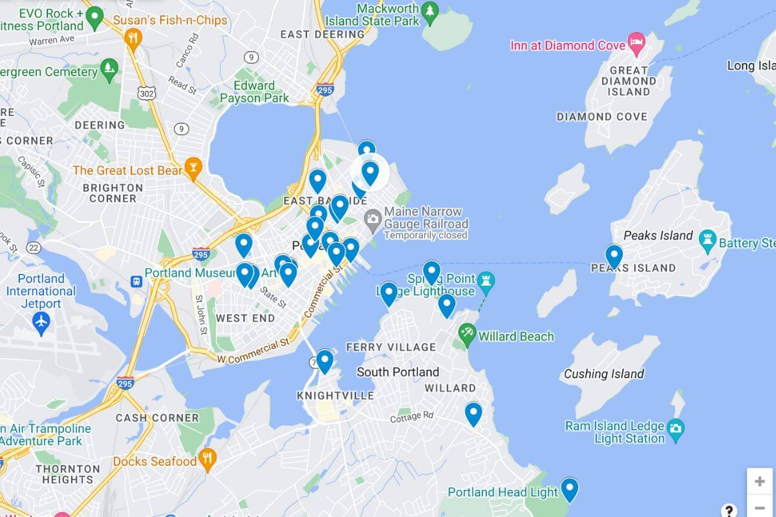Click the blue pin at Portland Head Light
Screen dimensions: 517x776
569,489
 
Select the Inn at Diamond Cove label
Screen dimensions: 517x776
568,45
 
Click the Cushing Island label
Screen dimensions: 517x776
603,374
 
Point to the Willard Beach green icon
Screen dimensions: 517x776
466,335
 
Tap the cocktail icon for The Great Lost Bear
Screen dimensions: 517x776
193,169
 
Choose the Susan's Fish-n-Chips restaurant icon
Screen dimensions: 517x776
133,37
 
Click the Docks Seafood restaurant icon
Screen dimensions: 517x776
207,460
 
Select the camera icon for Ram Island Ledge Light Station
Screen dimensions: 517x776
675,428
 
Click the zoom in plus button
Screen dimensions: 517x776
759,481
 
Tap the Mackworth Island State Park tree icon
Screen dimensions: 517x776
429,11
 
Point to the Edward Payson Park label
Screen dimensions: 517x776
254,92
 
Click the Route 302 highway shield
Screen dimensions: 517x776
146,93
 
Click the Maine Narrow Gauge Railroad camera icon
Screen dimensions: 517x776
372,218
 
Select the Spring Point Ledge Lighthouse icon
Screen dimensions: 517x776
486,280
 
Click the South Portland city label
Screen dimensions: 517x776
398,372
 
